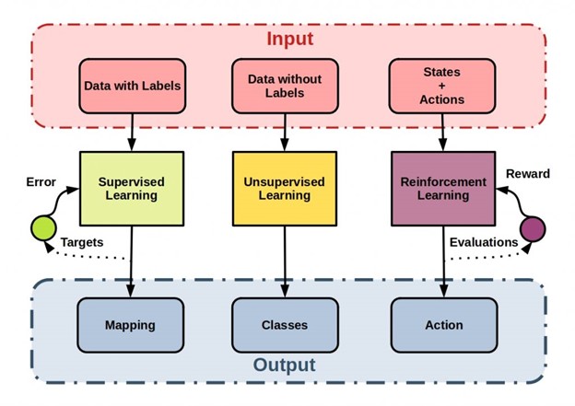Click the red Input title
coord(290,40)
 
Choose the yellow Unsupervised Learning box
coord(283,190)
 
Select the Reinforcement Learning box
coord(442,190)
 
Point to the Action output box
coord(444,325)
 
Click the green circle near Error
coord(43,226)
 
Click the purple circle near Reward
coord(533,227)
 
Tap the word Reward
coord(529,174)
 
